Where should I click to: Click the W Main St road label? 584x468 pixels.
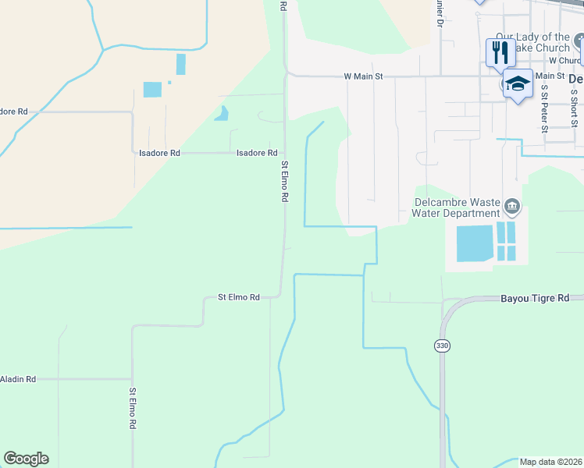[364, 76]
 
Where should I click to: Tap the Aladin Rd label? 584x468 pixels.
[18, 379]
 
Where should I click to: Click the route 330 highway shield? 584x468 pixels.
[441, 345]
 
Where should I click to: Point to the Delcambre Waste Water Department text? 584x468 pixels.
[456, 207]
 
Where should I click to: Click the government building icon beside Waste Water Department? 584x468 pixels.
[511, 207]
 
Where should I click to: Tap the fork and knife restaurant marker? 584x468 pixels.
[500, 53]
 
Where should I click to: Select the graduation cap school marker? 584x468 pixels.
[518, 83]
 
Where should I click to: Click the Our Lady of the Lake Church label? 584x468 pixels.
[533, 42]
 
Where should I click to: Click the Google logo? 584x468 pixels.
[26, 459]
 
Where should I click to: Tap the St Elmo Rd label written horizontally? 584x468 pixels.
[238, 297]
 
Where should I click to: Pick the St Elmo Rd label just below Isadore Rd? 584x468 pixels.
[285, 182]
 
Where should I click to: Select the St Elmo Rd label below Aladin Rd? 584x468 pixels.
[133, 409]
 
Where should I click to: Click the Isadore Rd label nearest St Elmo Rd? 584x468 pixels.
[257, 154]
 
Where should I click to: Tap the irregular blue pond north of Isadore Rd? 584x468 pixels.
[222, 113]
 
